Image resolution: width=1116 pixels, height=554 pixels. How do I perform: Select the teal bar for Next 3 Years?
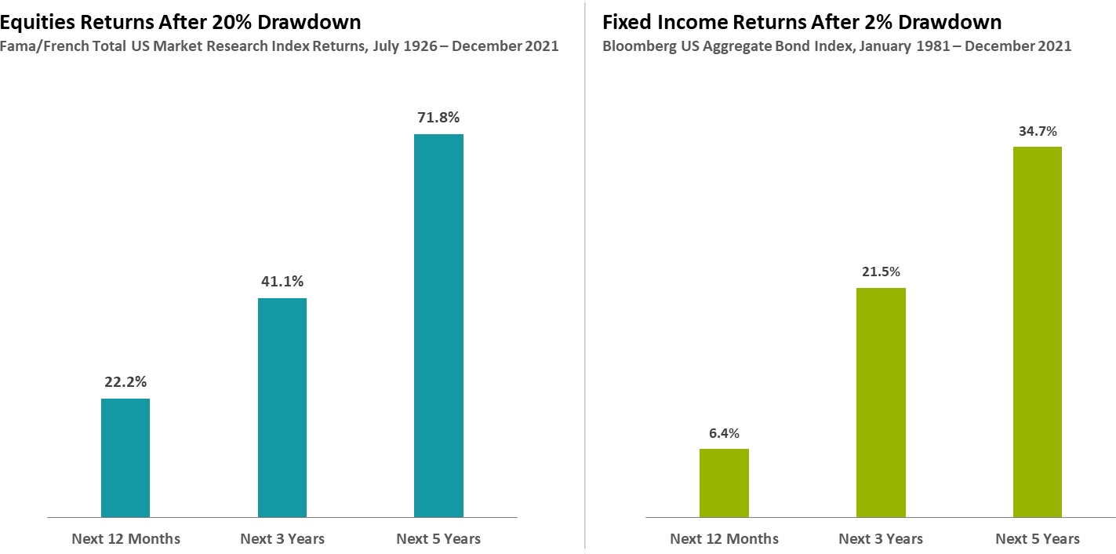tap(282, 407)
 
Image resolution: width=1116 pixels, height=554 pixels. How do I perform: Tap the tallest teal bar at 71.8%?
tap(438, 326)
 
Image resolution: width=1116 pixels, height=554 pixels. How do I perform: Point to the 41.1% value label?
tap(282, 281)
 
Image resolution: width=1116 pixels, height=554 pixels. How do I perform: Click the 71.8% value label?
tap(438, 118)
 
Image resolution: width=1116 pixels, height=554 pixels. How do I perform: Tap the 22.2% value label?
tap(125, 382)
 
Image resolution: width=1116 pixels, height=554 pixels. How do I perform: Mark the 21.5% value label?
tap(881, 272)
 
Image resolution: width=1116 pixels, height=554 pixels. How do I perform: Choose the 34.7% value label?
tap(1037, 131)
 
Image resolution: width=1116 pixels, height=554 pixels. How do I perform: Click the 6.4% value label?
tap(724, 433)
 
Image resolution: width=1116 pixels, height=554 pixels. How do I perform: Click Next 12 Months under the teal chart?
tap(125, 539)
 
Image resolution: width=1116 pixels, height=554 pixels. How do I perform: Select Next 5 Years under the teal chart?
tap(438, 539)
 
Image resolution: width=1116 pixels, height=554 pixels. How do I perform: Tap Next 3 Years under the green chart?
tap(881, 539)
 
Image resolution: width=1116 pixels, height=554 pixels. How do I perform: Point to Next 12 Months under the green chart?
tap(724, 539)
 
